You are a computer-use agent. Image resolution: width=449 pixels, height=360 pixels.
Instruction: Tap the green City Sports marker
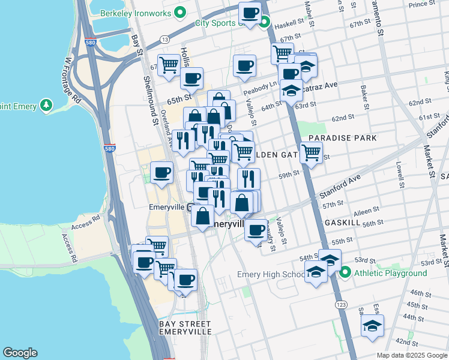point(265,23)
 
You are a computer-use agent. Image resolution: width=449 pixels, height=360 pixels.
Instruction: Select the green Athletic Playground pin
point(345,274)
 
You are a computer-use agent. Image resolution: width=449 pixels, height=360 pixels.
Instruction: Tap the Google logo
point(20,353)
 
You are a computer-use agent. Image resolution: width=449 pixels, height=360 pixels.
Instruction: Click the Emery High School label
point(271,275)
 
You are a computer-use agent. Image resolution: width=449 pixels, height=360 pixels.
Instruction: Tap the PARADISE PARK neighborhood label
point(342,138)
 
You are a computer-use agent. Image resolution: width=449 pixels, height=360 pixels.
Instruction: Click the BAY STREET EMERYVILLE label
point(185,328)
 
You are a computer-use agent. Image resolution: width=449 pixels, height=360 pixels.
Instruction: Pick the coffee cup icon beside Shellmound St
point(161,173)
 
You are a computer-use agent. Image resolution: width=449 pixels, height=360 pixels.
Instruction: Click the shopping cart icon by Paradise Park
point(311,152)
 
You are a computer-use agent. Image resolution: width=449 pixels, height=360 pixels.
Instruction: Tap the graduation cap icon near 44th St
point(372,325)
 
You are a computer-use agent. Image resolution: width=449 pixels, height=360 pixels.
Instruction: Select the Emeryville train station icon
point(190,209)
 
